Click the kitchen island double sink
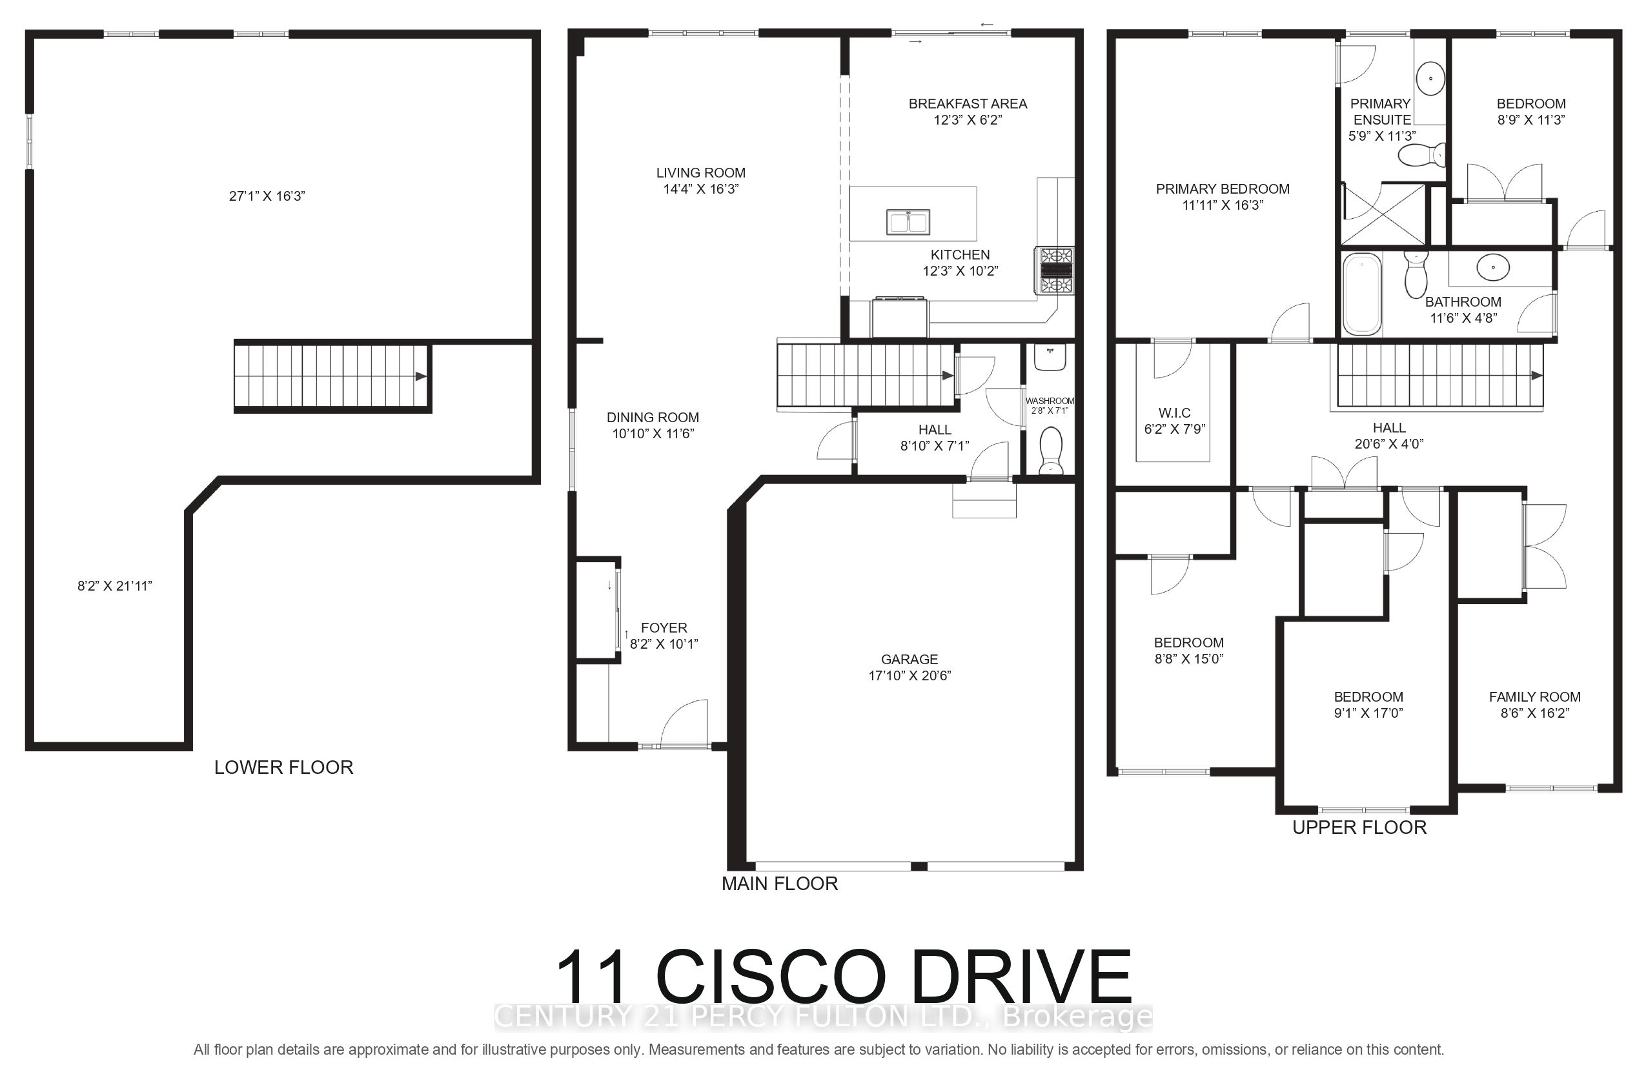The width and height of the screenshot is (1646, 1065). pos(908,222)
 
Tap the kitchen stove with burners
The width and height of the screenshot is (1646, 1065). pos(1055,270)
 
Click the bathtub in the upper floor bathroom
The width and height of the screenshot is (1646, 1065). pos(1362,294)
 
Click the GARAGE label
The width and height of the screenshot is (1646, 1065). pos(909,660)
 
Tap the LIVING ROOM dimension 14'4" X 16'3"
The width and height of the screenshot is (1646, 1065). pos(701,188)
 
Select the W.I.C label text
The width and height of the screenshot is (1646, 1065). pos(1174,413)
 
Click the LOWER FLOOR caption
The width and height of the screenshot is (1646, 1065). pos(283,767)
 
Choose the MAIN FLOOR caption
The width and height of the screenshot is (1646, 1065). pos(780,883)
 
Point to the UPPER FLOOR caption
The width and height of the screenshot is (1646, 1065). pos(1359,827)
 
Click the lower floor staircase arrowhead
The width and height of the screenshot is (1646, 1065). pos(420,376)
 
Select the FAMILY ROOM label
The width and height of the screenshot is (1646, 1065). pos(1535,697)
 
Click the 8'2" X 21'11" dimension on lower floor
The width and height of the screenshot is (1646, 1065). pos(115,586)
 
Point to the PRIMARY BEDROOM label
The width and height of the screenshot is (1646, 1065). pos(1223,188)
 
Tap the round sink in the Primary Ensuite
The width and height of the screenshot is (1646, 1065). pos(1430,78)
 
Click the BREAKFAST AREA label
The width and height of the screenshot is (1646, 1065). pos(968,104)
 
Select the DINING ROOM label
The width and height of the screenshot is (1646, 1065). pos(653,418)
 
